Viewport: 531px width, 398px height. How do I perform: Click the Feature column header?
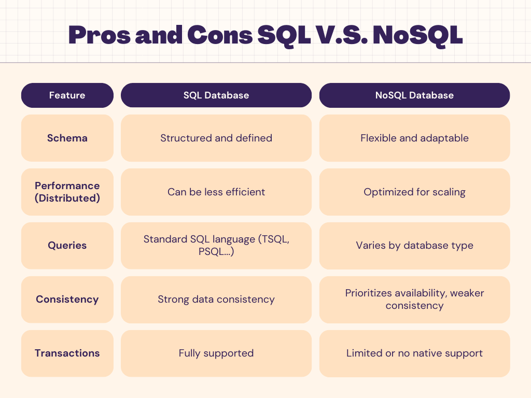point(67,95)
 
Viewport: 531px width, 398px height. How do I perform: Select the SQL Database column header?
point(216,95)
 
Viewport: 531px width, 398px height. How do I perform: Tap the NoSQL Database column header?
point(414,95)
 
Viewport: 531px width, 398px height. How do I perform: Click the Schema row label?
point(67,138)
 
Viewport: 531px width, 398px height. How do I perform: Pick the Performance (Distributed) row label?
point(67,192)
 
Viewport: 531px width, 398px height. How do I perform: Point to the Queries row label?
point(67,245)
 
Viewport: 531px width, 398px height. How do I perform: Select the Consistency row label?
point(67,299)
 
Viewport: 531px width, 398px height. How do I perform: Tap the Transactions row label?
point(67,353)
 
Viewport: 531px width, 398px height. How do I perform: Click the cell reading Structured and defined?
point(216,138)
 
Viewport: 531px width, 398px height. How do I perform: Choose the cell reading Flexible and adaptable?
point(414,138)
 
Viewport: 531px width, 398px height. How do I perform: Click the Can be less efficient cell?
point(216,192)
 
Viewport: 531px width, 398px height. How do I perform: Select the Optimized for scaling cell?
point(414,192)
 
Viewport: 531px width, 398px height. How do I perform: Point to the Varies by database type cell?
point(414,245)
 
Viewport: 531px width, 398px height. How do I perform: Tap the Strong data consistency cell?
point(216,299)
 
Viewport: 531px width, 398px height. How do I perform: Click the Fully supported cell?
point(216,353)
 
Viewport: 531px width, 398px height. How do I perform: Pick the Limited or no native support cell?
point(414,353)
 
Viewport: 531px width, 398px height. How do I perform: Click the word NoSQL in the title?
point(417,35)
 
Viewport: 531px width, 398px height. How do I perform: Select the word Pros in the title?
point(99,35)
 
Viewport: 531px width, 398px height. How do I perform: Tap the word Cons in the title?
point(220,35)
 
